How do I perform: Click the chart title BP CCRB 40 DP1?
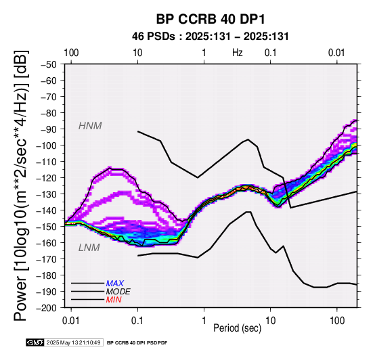211,19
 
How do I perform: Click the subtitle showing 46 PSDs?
211,37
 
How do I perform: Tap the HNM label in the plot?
90,126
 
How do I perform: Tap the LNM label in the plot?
89,248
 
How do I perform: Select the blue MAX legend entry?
115,284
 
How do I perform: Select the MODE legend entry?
118,292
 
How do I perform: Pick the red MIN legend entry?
114,300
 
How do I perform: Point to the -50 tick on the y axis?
49,64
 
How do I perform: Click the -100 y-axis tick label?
47,145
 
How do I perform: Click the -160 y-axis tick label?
47,243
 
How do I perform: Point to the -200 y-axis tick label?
47,308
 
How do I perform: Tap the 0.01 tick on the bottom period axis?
70,321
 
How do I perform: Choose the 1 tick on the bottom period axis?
204,321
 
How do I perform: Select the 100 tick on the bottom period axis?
337,321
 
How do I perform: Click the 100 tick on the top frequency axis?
71,53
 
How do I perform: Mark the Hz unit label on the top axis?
237,53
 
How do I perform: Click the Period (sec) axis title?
237,328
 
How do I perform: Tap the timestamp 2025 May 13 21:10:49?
73,342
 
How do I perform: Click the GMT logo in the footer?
35,342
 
